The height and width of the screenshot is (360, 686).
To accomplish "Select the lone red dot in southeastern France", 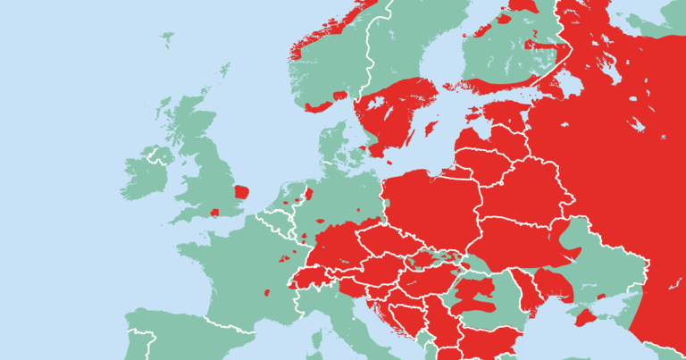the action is coord(267,291).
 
